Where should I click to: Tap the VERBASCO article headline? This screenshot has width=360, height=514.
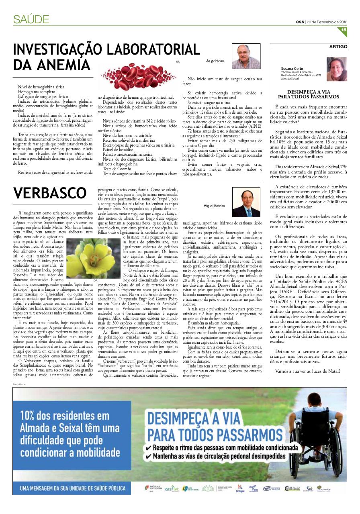point(50,193)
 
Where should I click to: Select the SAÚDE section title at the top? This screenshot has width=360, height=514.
point(31,19)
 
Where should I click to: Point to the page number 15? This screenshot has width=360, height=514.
point(344,30)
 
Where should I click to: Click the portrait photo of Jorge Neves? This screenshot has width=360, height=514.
point(246,57)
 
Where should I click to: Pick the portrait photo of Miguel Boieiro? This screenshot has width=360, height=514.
point(246,202)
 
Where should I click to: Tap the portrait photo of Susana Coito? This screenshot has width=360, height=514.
point(337,69)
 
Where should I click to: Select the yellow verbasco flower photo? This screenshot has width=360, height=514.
point(93,258)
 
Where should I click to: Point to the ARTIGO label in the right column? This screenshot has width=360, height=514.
point(338,47)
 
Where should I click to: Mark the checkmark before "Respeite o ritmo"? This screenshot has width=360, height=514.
point(149,447)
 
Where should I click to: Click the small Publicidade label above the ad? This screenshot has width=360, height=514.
point(19,384)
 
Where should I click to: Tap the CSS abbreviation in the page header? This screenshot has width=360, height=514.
point(300,22)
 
